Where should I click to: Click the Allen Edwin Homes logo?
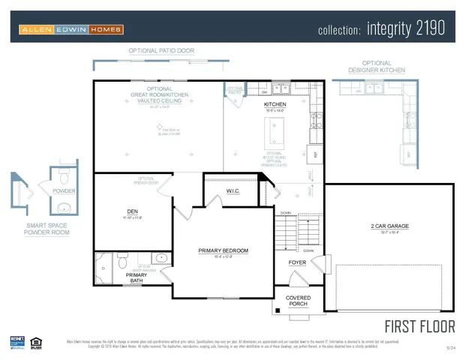[71, 29]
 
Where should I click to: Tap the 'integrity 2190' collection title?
[381, 29]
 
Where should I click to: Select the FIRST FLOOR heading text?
[419, 326]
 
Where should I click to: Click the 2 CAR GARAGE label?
[389, 226]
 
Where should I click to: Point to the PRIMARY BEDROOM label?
[223, 250]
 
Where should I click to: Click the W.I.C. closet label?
[233, 191]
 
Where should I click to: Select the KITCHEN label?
[275, 104]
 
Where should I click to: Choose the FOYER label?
[297, 262]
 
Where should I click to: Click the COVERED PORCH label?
[297, 301]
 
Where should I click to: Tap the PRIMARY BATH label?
[137, 278]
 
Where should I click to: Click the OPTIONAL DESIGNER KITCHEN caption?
[377, 67]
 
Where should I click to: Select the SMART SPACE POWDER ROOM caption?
[47, 229]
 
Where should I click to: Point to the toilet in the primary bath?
[121, 262]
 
